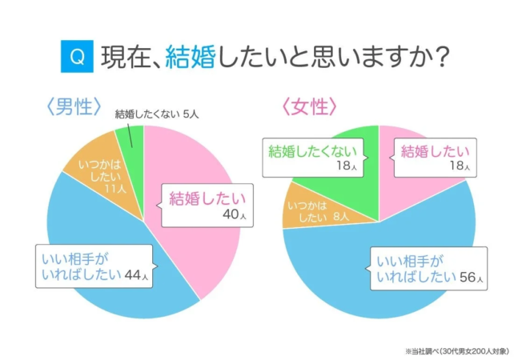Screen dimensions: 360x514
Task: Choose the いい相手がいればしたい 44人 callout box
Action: coord(94,267)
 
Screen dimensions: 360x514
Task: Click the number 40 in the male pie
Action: coord(230,214)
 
